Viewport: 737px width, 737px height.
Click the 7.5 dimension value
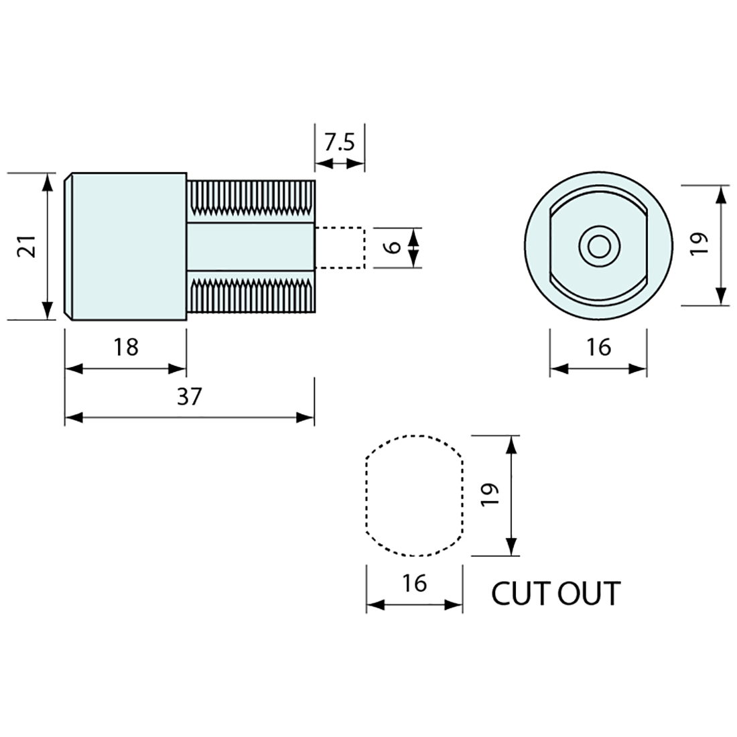point(340,142)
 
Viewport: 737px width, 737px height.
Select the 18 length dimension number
point(126,347)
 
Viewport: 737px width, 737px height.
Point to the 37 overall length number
point(189,397)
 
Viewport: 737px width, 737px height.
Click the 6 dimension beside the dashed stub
point(394,247)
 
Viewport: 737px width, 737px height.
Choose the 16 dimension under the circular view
point(598,347)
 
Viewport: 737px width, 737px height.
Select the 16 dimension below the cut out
point(415,584)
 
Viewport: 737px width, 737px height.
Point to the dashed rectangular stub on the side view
point(340,247)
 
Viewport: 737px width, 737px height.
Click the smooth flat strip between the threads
point(251,247)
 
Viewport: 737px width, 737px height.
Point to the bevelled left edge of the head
point(68,247)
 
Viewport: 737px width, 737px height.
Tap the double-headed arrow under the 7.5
point(340,163)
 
